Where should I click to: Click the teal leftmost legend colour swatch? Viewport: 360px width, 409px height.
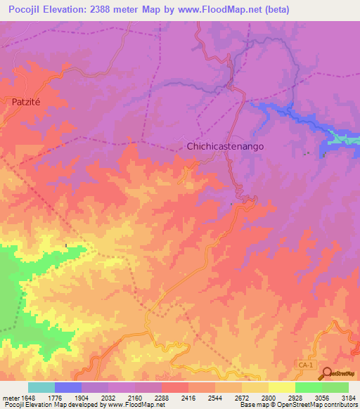click(x=41, y=387)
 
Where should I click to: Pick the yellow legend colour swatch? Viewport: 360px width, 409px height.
click(x=281, y=387)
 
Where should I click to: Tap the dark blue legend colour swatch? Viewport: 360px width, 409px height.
click(x=68, y=387)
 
